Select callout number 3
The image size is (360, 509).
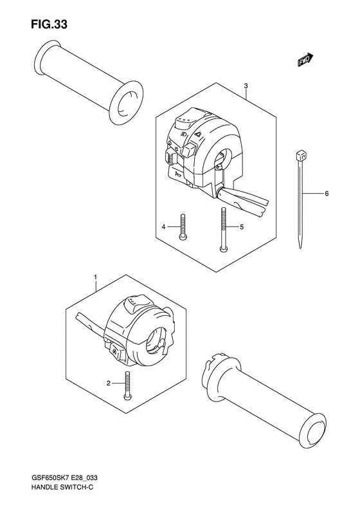[246, 86]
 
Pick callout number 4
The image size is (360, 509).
[164, 227]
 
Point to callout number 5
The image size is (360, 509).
[242, 227]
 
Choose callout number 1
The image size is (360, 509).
[96, 278]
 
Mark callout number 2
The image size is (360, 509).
[109, 384]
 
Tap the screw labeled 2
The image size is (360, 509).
[128, 385]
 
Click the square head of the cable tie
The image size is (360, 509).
[300, 154]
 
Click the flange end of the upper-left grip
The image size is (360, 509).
[123, 102]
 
